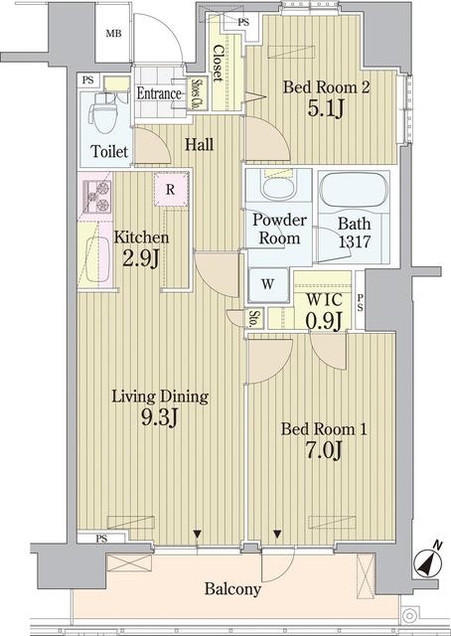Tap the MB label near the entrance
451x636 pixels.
[113, 34]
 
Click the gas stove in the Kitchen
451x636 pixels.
[96, 197]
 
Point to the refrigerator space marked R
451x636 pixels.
[171, 189]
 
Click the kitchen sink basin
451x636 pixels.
[97, 259]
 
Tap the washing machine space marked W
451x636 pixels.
[267, 284]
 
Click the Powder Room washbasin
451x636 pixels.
[278, 188]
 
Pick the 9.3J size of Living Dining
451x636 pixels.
[160, 417]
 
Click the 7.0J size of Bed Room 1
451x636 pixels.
[324, 450]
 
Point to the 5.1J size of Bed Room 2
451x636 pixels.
[326, 108]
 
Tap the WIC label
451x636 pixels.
[324, 300]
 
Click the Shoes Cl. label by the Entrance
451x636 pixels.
[198, 94]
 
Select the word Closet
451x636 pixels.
[219, 64]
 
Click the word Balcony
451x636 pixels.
[232, 588]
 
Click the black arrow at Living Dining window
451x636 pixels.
[197, 534]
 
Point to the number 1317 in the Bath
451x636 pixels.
[354, 241]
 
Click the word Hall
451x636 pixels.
[199, 145]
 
